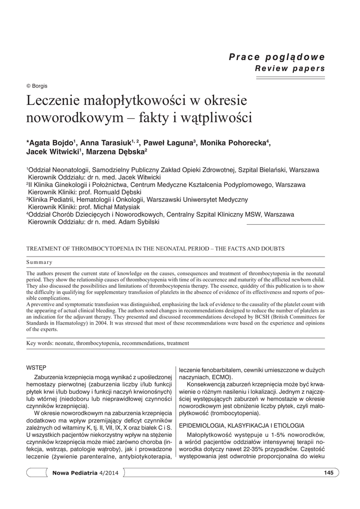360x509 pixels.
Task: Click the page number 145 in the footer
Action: click(328, 472)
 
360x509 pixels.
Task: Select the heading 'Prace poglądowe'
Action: click(276, 57)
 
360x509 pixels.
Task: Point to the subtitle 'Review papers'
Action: click(290, 68)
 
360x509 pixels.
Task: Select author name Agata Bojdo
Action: click(50, 143)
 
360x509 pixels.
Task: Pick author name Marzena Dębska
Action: click(115, 152)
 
